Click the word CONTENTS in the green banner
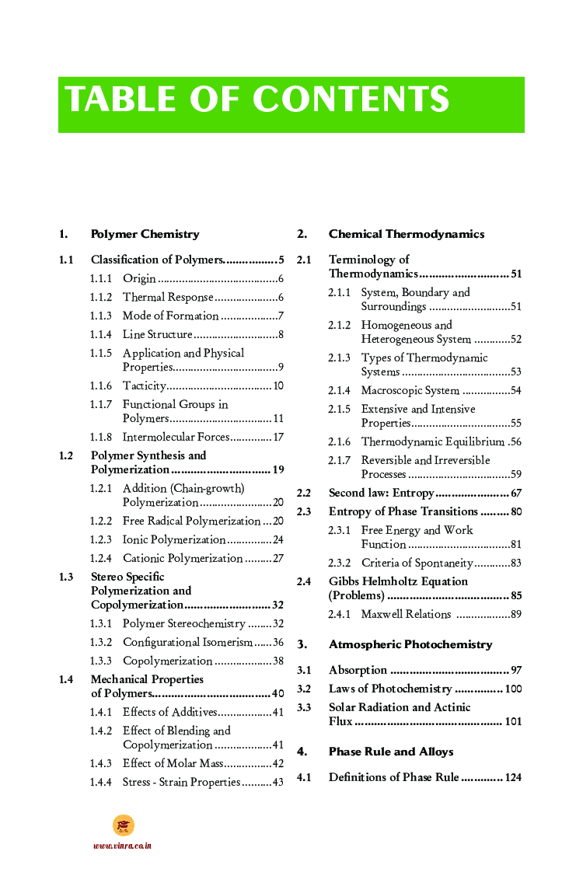point(351,100)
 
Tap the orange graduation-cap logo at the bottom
point(124,825)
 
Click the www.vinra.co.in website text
point(122,846)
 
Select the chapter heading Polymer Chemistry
point(145,234)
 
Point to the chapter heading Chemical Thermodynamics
point(406,234)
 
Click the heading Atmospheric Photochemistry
point(410,644)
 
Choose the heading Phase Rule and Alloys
point(390,752)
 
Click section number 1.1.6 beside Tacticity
point(101,385)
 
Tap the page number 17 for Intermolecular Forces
point(278,437)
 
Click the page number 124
point(513,777)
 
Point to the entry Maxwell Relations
point(406,614)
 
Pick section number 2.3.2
point(339,563)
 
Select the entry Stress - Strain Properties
point(181,782)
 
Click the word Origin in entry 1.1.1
point(139,278)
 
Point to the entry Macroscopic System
point(410,390)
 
